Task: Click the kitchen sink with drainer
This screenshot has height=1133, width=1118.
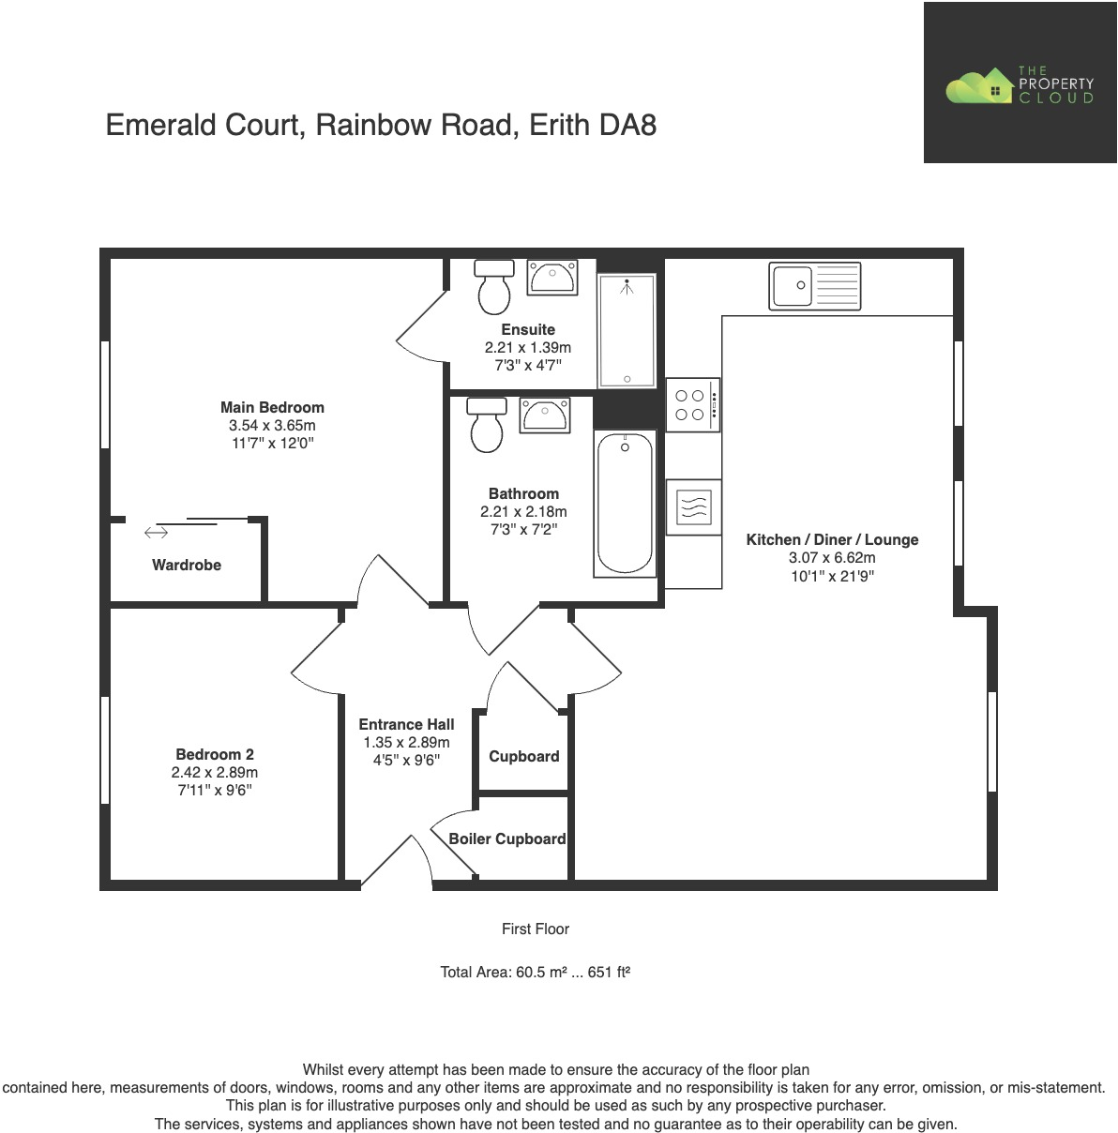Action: click(814, 285)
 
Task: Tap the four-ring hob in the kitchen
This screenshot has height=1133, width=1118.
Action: click(692, 404)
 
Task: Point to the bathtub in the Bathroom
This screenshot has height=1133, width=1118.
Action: click(625, 504)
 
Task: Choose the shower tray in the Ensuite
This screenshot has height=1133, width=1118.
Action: click(627, 330)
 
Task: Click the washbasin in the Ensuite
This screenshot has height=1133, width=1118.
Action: click(552, 279)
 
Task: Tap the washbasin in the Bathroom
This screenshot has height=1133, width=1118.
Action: click(544, 414)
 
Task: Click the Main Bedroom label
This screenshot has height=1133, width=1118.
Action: click(272, 407)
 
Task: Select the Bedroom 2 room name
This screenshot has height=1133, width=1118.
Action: click(215, 754)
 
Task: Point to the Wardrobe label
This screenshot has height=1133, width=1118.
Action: click(187, 565)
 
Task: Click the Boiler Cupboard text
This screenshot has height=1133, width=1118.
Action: click(506, 838)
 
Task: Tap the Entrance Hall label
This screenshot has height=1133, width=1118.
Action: click(406, 724)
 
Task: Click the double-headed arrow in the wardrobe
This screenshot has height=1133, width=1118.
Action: click(156, 533)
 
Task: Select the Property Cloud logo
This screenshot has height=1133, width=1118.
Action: click(1020, 84)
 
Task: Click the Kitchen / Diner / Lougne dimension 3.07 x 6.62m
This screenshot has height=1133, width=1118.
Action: click(832, 558)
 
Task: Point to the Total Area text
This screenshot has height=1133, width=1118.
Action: click(535, 972)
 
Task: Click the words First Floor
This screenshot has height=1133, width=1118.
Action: click(535, 929)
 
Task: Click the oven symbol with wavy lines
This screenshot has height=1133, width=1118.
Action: click(693, 506)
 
